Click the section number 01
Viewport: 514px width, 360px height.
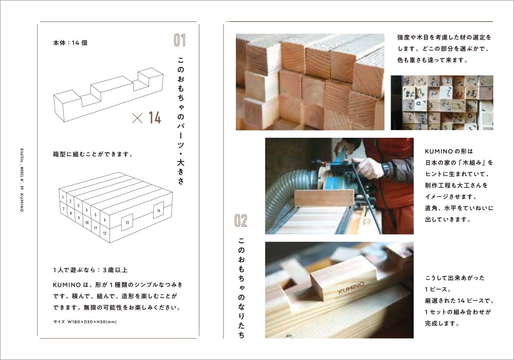[x=179, y=40]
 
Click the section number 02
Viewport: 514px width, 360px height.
[x=241, y=221]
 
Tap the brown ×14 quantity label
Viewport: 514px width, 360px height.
[x=146, y=118]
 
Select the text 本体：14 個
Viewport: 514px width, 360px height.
[x=70, y=43]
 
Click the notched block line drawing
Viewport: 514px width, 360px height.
[x=108, y=95]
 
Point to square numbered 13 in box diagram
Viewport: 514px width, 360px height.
[x=127, y=223]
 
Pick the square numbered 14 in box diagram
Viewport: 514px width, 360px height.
[x=158, y=210]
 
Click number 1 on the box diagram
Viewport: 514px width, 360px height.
[x=63, y=197]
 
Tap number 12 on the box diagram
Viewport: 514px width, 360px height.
[x=104, y=233]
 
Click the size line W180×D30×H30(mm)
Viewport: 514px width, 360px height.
[x=85, y=322]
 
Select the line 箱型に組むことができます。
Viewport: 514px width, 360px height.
[x=93, y=154]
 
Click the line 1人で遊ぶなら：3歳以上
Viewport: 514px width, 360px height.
[x=90, y=270]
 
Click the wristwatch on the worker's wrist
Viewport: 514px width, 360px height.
[x=385, y=169]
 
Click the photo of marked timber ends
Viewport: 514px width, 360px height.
[x=442, y=103]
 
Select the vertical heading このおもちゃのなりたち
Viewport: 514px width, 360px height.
[x=241, y=287]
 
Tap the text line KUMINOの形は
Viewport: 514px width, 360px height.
[x=449, y=151]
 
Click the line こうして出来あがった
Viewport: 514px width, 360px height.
[x=455, y=278]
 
